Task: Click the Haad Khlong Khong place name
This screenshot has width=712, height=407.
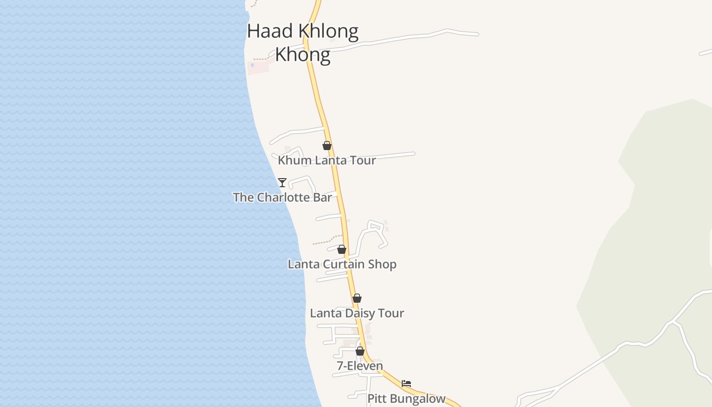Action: click(303, 43)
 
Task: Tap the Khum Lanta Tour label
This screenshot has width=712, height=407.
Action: click(327, 160)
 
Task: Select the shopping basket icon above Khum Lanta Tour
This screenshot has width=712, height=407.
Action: click(327, 146)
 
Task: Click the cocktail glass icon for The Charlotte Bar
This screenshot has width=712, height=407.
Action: click(282, 182)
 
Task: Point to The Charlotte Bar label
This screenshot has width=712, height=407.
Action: click(282, 197)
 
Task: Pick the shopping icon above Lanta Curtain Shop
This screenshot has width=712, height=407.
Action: click(342, 249)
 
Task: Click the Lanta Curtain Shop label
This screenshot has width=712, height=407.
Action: click(342, 264)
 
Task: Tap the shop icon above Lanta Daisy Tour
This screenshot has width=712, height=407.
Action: click(357, 298)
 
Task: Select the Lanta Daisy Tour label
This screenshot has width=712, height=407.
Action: click(357, 313)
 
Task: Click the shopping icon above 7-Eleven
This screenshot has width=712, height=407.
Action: click(360, 351)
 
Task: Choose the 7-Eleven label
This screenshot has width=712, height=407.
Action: click(360, 366)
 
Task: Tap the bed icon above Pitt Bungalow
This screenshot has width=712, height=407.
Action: click(406, 384)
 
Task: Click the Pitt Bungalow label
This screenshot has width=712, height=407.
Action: click(406, 399)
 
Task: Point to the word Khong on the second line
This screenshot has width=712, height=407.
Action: click(303, 54)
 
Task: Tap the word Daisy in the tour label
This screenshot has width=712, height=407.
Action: click(360, 313)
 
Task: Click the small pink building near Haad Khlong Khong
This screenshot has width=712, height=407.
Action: click(258, 67)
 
